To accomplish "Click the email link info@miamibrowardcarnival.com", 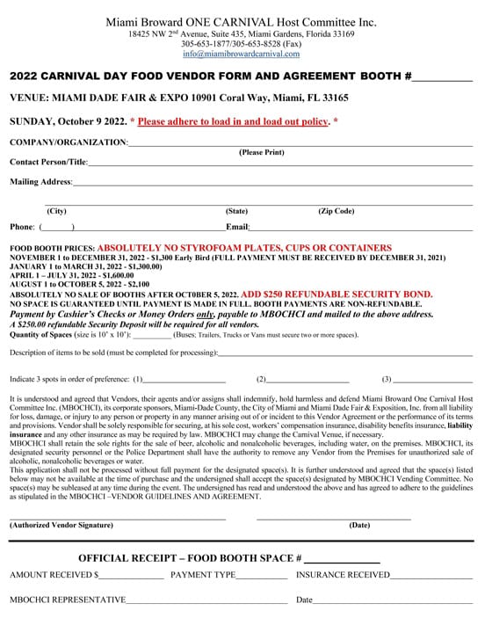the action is pyautogui.click(x=245, y=54).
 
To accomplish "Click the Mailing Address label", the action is pyautogui.click(x=40, y=182).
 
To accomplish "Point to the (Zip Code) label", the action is pyautogui.click(x=336, y=211).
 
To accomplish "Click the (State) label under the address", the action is pyautogui.click(x=237, y=211).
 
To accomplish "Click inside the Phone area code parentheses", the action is pyautogui.click(x=56, y=228).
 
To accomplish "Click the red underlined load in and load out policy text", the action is pyautogui.click(x=233, y=120).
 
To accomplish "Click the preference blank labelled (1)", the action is pyautogui.click(x=184, y=380).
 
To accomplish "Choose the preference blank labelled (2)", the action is pyautogui.click(x=307, y=380).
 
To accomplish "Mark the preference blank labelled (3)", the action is pyautogui.click(x=432, y=380).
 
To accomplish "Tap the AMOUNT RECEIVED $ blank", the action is pyautogui.click(x=131, y=577).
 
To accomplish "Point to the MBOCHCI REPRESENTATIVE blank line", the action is pyautogui.click(x=206, y=601).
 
